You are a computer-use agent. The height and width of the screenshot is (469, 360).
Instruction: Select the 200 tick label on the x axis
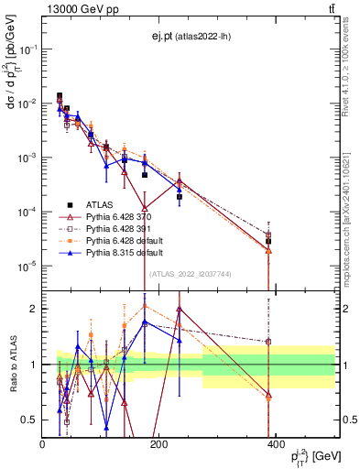(158, 444)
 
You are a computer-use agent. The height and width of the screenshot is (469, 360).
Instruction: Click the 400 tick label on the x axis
(276, 444)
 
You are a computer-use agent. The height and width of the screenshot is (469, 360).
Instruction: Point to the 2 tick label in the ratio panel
(35, 309)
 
